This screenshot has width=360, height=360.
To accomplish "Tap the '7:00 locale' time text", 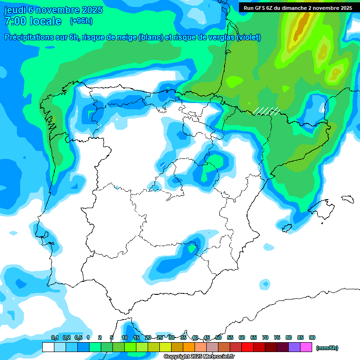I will (33, 22).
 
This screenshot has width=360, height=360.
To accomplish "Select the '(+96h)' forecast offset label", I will (81, 21).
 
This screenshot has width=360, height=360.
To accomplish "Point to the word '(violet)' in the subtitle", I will (249, 37).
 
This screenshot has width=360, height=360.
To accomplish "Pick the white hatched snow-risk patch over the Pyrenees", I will (266, 111).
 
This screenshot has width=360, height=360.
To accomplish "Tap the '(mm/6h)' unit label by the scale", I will (327, 348).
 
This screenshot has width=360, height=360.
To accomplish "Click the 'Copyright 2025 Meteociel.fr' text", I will (205, 357).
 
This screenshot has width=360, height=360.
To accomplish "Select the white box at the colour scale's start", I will (48, 347).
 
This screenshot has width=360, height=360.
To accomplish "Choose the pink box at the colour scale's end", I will (306, 347).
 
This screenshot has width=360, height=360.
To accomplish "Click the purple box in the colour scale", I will (294, 347).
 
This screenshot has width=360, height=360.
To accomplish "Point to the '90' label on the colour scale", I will (312, 337).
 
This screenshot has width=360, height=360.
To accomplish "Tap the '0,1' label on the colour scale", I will (55, 337).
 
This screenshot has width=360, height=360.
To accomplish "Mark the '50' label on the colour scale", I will (218, 337).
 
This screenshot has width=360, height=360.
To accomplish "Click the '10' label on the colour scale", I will (125, 337).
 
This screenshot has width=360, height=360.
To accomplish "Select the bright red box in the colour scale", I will (247, 347).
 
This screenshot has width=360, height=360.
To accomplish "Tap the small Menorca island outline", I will (347, 199).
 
